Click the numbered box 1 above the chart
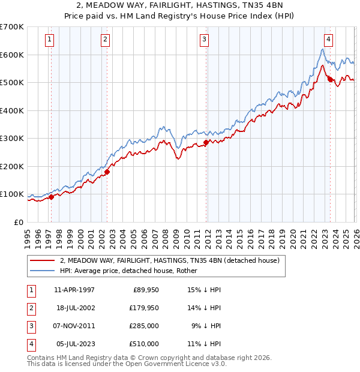pyautogui.click(x=49, y=40)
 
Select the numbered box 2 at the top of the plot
pyautogui.click(x=105, y=40)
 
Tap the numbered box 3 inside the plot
pyautogui.click(x=204, y=40)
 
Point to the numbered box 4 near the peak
pyautogui.click(x=329, y=40)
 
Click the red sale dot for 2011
pyautogui.click(x=206, y=143)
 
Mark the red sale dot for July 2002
pyautogui.click(x=107, y=172)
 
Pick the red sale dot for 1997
pyautogui.click(x=52, y=197)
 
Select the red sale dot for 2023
pyautogui.click(x=330, y=79)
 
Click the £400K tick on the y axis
pyautogui.click(x=12, y=110)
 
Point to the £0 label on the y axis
pyautogui.click(x=19, y=222)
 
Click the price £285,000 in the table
pyautogui.click(x=144, y=326)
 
